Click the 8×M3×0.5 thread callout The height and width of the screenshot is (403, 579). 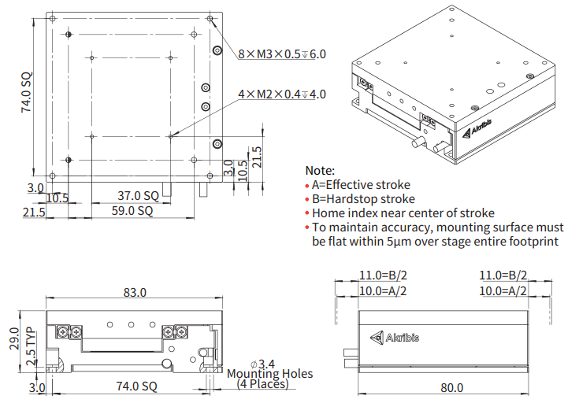[x=281, y=54]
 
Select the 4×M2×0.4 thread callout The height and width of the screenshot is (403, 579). [x=281, y=94]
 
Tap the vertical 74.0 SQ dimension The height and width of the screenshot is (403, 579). [x=27, y=93]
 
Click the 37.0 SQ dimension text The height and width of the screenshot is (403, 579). [x=139, y=195]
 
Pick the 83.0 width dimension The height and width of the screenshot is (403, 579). [x=134, y=293]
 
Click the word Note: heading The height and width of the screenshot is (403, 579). [x=320, y=170]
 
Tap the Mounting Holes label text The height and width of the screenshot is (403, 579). [x=269, y=374]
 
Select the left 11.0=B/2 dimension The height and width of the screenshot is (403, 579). [x=383, y=275]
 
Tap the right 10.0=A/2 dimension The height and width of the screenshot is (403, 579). [x=503, y=290]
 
